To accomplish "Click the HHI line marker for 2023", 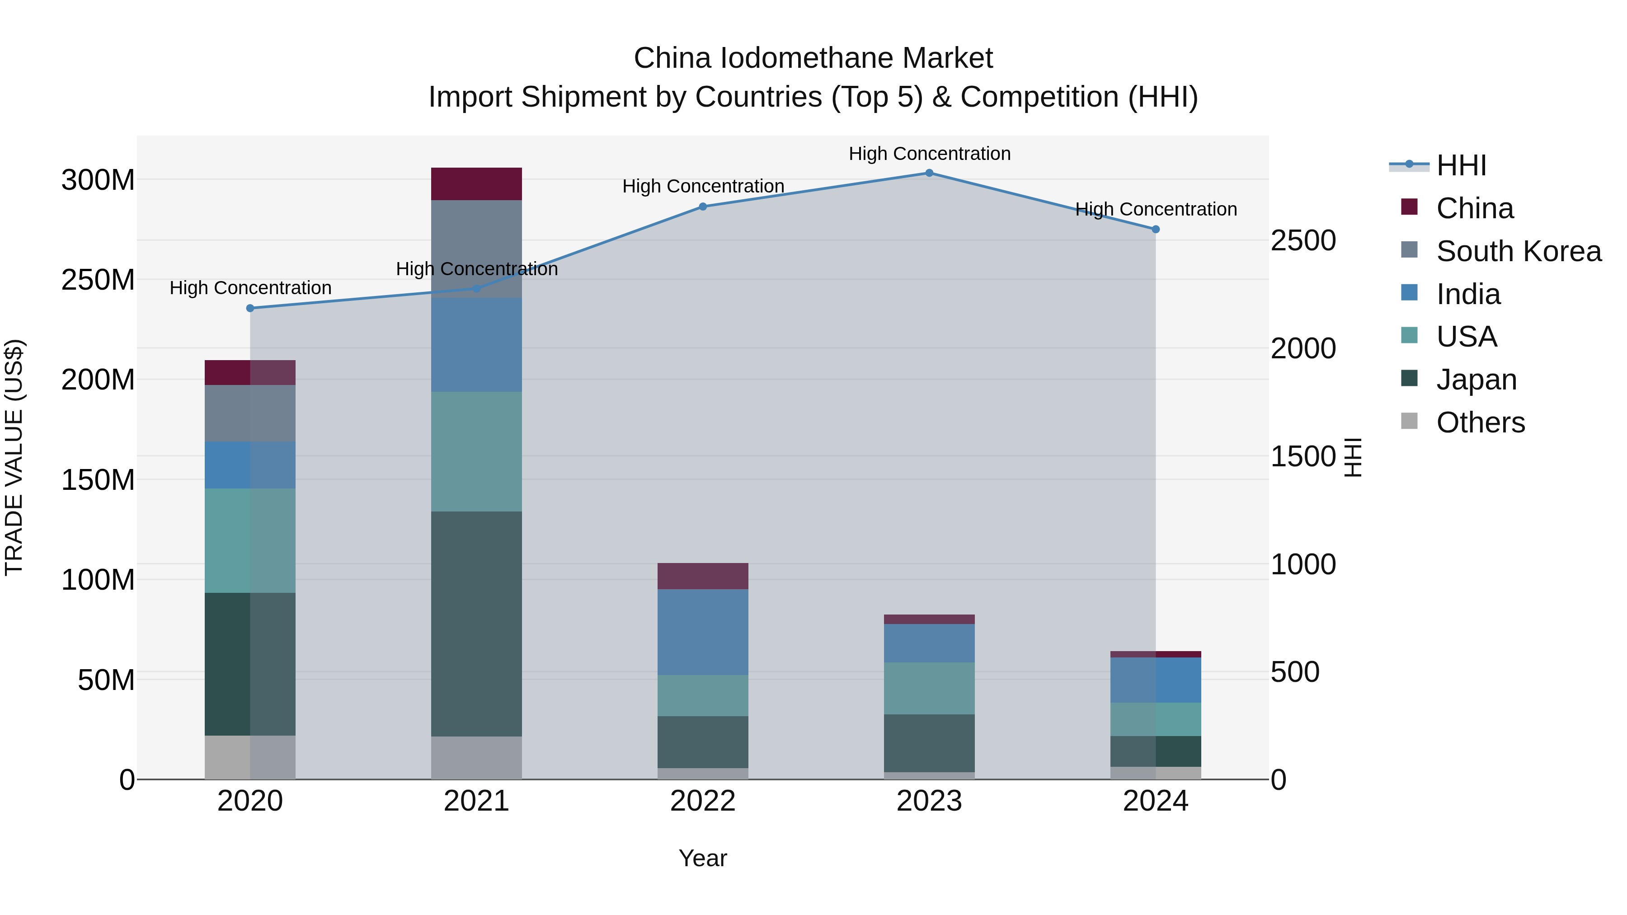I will pos(929,173).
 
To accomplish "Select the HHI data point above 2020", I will pos(250,308).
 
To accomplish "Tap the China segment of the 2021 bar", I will pos(476,184).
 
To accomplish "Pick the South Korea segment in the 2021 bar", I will pos(476,249).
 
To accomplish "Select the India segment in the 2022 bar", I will pos(702,632).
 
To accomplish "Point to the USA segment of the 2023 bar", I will pos(929,688).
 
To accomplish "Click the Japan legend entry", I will pos(1476,380).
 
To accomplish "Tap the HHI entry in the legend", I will pos(1460,165).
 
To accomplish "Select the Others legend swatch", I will pos(1409,421).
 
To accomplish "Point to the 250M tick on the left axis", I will pos(98,280).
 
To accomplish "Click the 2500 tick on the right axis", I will pos(1303,240).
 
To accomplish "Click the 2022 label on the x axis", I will pos(702,801).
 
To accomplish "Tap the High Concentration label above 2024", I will pos(1155,209).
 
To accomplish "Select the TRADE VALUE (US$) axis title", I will pos(14,457).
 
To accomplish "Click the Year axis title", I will pos(702,858).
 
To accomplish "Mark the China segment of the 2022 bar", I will pos(702,576).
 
